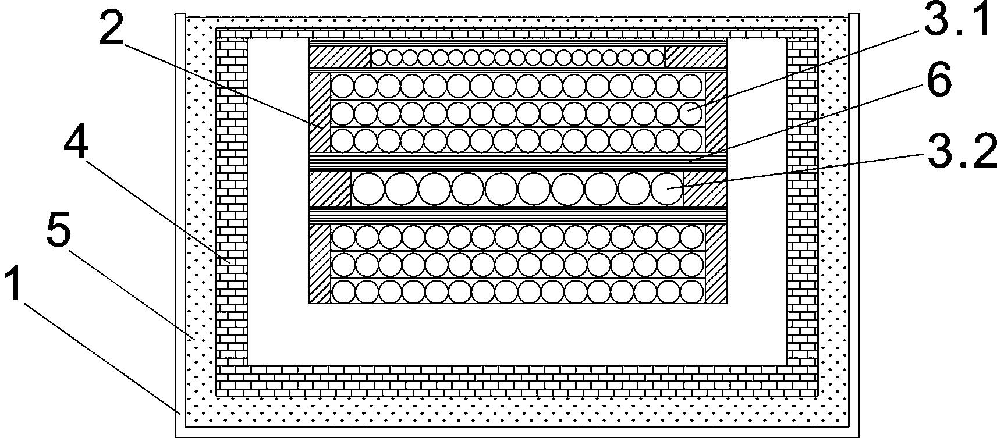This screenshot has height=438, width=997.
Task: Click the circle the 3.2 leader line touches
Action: pyautogui.click(x=667, y=188)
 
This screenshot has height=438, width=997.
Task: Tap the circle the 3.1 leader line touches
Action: pyautogui.click(x=691, y=113)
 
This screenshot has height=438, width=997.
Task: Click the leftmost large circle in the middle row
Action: pyautogui.click(x=368, y=188)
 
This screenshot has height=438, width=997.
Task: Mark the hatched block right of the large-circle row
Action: pyautogui.click(x=705, y=188)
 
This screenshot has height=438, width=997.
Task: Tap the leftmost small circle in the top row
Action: pyautogui.click(x=379, y=57)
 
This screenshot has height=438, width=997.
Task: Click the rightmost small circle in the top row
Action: pyautogui.click(x=656, y=57)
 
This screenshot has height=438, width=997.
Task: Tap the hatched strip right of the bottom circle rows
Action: pyautogui.click(x=716, y=263)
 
